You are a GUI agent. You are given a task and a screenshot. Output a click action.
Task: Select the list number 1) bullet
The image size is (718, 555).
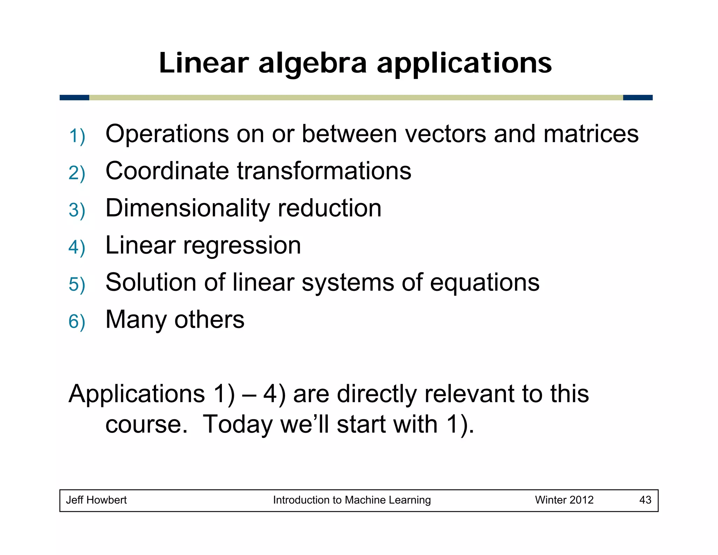tap(77, 136)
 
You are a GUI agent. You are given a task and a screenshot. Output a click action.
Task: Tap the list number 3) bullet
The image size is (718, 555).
tap(77, 210)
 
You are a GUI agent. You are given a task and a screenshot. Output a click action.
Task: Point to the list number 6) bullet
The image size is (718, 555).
tap(77, 322)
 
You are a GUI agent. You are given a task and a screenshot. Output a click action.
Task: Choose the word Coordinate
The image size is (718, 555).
tap(167, 171)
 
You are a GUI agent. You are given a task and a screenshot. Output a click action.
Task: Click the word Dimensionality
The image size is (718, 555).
tap(188, 208)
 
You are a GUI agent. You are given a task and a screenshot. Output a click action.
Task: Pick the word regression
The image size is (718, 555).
tap(242, 246)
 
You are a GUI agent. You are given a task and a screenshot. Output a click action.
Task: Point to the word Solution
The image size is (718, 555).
tap(151, 282)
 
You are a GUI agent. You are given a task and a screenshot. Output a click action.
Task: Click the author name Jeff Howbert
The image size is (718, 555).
tap(96, 500)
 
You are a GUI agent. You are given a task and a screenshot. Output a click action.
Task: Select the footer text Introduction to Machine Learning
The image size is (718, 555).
tap(352, 500)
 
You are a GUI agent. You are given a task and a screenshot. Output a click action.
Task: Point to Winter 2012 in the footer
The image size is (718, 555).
tap(564, 500)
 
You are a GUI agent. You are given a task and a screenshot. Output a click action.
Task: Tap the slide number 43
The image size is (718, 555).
tap(645, 500)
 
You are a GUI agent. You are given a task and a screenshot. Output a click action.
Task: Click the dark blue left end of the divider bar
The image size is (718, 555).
tap(74, 98)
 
